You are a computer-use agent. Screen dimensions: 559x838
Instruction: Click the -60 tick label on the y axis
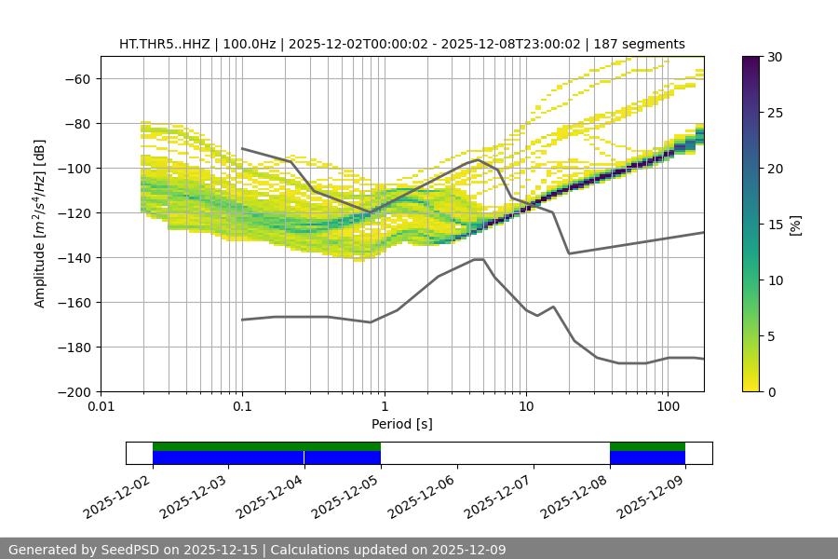[76, 78]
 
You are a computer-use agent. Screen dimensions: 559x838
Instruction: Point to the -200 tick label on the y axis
[73, 391]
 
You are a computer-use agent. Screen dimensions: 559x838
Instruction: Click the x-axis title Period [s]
[401, 425]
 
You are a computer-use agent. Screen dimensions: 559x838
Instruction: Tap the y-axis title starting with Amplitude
[40, 224]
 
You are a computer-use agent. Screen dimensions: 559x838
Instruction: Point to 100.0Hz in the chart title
[263, 44]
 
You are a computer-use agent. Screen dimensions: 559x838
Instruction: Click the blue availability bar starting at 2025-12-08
[647, 457]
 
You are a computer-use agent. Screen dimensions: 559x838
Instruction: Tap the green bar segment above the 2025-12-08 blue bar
[647, 446]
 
